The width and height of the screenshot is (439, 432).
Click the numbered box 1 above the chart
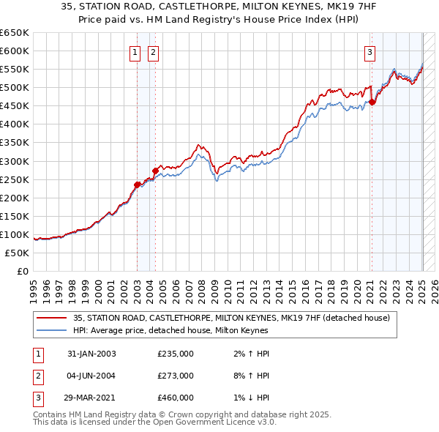point(136,51)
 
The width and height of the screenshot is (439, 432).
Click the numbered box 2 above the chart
point(154,51)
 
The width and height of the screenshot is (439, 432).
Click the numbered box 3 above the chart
point(370,51)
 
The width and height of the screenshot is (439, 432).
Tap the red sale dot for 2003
point(137,185)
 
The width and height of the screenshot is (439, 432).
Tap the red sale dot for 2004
point(155,171)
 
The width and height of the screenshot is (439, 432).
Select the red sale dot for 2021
point(372,102)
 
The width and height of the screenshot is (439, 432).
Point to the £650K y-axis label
point(15,33)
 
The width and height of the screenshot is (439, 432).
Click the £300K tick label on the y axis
point(15,161)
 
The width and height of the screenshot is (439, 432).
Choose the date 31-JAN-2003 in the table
point(91,354)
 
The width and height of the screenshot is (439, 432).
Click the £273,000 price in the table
point(176,376)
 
